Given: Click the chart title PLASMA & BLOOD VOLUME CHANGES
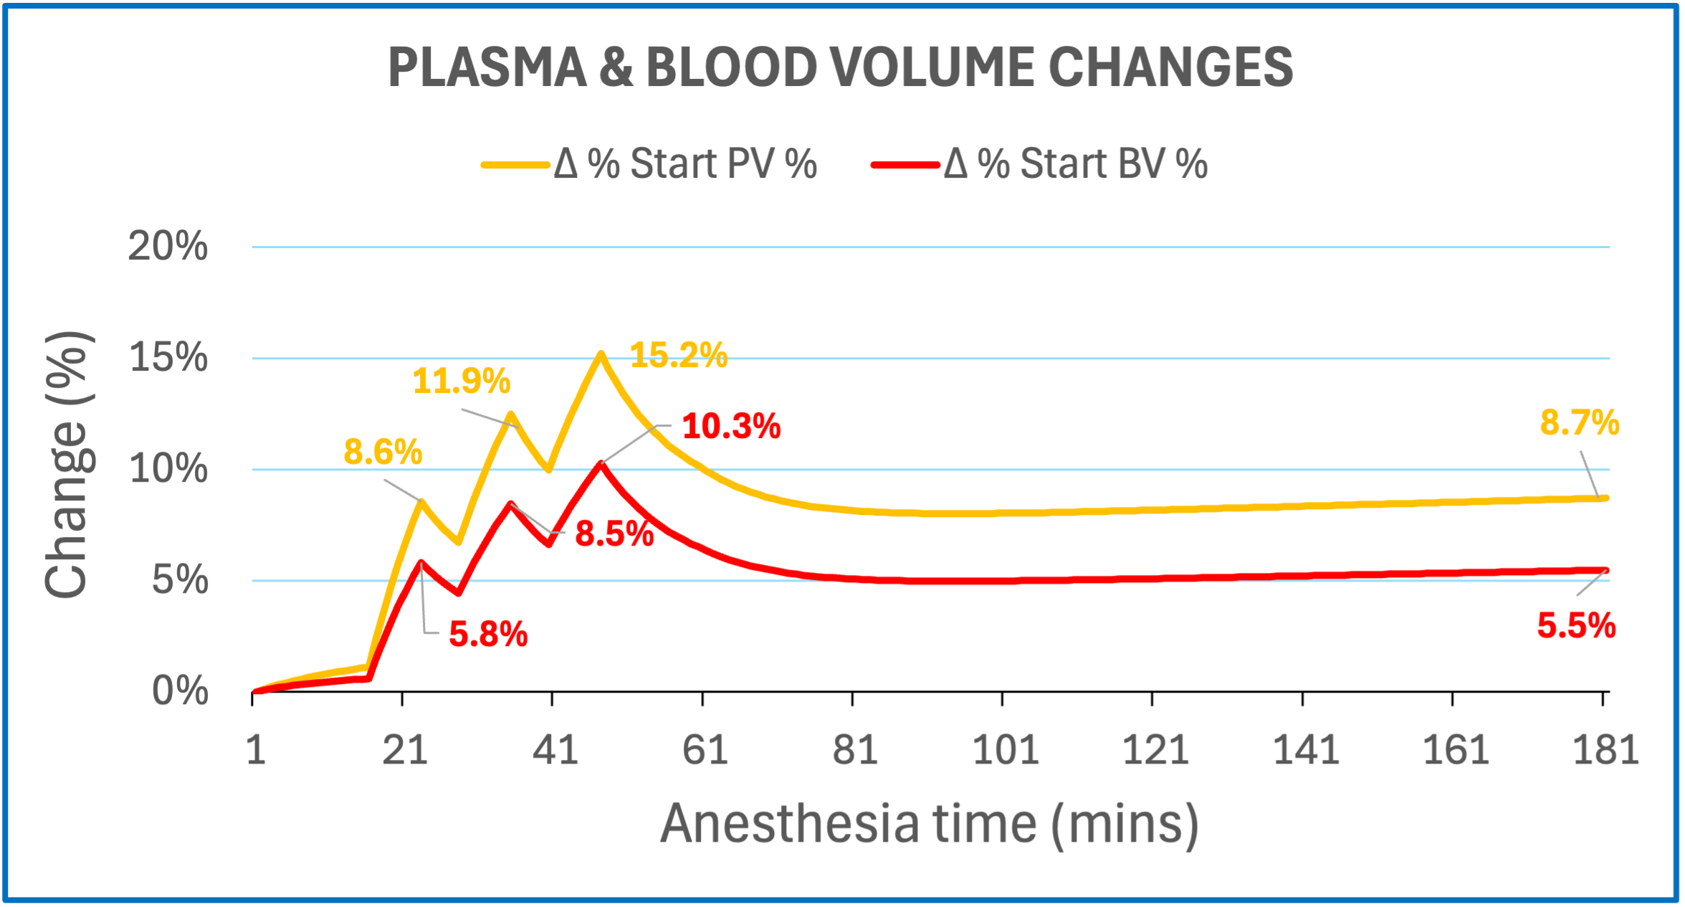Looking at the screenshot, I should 840,67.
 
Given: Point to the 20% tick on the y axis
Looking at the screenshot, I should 168,247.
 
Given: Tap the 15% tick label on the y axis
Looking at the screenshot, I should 168,358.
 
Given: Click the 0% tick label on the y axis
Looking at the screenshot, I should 180,691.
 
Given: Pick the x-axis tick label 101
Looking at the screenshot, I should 1005,751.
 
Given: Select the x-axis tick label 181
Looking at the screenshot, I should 1605,751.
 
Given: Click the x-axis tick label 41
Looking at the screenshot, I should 555,751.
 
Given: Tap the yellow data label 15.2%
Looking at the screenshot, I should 678,355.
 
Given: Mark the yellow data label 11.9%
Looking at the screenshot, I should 461,381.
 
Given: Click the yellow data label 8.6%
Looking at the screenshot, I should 383,452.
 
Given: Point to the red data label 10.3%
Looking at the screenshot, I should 731,427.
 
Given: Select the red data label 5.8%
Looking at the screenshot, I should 488,635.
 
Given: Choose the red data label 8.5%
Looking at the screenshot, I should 614,534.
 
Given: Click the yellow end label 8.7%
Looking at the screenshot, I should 1579,422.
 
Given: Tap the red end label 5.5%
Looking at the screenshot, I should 1576,626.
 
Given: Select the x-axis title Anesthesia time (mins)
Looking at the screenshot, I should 929,824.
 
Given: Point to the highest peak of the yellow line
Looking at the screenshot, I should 601,353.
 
